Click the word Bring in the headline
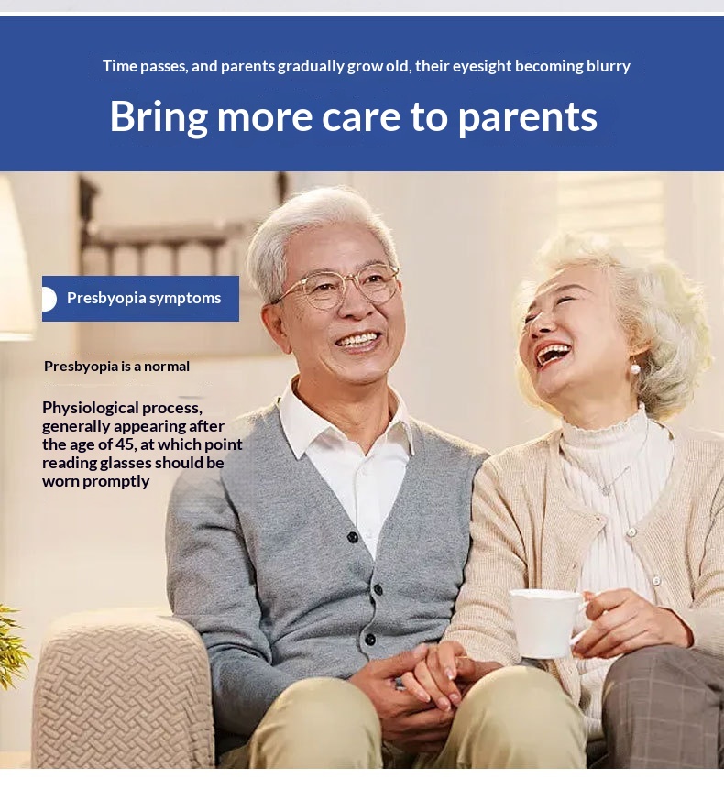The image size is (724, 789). tap(159, 117)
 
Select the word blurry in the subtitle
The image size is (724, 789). tap(608, 66)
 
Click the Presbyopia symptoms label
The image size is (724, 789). tap(144, 298)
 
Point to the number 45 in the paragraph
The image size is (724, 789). tap(125, 444)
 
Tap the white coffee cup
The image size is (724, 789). tap(546, 623)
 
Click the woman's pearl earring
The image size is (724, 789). tap(635, 368)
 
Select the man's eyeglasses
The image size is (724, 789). tap(337, 288)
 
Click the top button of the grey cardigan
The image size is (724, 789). tap(353, 537)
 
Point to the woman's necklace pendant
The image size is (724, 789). tap(608, 489)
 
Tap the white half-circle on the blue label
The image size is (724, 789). tap(49, 299)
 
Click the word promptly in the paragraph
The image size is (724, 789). tap(116, 481)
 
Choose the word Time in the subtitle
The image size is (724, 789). tap(120, 66)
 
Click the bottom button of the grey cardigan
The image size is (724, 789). tap(370, 640)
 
